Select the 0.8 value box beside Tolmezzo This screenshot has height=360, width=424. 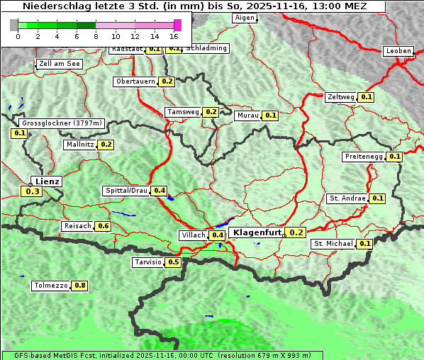coord(80,286)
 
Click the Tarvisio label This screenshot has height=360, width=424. coord(148,262)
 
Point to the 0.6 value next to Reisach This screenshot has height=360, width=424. coord(104,226)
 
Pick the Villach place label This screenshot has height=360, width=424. coord(194,235)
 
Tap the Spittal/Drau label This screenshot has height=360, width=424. coord(126,191)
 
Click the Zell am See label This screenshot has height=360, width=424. coord(60,64)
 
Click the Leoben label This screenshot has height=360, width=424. coord(398,51)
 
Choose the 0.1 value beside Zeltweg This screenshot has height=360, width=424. coord(367,97)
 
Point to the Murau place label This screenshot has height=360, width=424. coord(248,115)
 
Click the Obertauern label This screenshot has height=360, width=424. coord(135,81)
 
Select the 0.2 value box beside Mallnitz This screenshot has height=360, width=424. coord(106,145)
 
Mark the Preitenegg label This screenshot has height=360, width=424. coord(364,157)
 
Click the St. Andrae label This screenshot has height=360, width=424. coord(347,198)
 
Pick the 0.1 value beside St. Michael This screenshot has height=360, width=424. coord(365,244)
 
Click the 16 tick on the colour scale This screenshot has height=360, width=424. coord(174,36)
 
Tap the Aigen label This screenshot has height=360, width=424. coord(245,18)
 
